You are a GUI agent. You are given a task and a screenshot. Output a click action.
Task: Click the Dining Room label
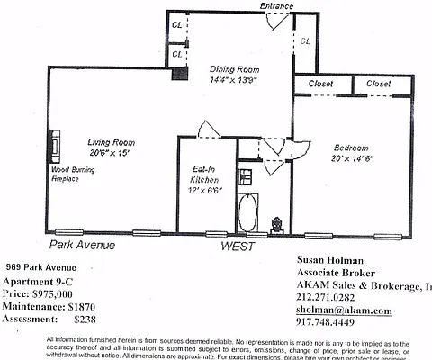coord(236,69)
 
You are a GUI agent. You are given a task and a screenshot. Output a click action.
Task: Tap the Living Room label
coord(112,142)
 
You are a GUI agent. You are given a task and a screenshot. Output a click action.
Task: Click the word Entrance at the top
coord(277,7)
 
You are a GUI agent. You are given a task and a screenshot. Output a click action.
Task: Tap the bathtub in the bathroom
coord(247,214)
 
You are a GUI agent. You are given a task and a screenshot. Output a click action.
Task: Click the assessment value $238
coord(85,319)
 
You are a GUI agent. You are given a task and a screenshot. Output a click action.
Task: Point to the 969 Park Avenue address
coord(41,267)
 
